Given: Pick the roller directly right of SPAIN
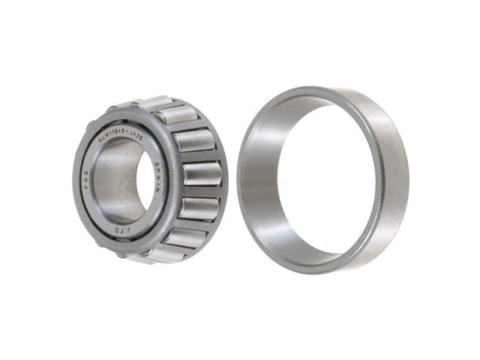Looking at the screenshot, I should [201, 174].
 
